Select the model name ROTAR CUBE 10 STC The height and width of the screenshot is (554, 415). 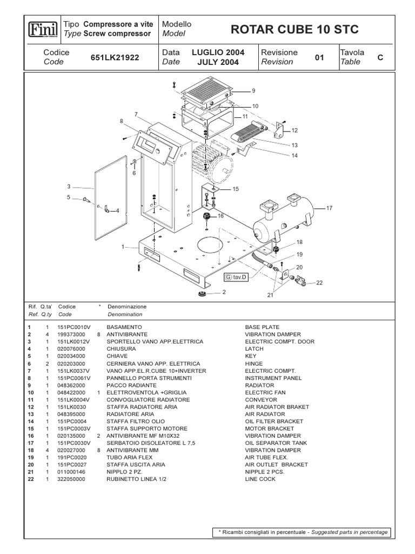[294, 29]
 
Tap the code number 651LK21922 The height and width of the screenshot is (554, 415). [115, 57]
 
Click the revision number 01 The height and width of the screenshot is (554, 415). [319, 57]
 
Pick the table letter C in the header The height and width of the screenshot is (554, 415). [380, 57]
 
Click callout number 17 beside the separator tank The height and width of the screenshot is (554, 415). [330, 207]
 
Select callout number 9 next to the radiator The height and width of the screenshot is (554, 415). [253, 90]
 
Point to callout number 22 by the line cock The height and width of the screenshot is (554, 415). [319, 282]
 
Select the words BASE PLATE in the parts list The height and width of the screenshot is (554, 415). [262, 327]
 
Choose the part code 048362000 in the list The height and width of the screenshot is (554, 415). [73, 385]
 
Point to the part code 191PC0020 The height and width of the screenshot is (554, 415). [72, 457]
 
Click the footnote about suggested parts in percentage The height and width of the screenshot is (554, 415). [303, 532]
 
